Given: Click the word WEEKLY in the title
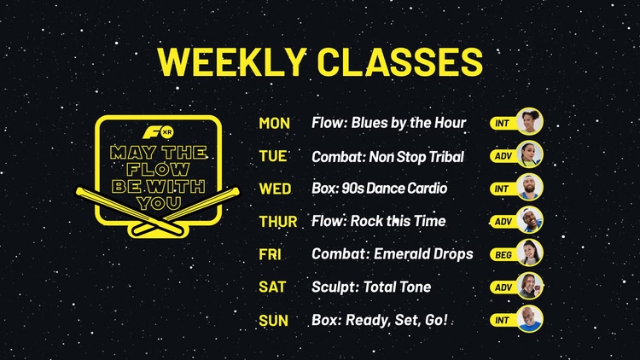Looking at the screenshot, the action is point(232,61).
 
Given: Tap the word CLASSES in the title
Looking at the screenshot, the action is point(400,61).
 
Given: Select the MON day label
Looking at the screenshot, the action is point(274,123).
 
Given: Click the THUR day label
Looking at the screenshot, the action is point(278,222).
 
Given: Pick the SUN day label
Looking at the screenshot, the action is point(273,321).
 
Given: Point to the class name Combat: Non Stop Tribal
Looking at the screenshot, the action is point(387,157).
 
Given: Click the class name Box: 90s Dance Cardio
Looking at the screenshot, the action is point(379,189).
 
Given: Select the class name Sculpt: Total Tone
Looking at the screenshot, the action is point(371,287).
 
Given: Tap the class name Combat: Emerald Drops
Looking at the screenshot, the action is point(393,254).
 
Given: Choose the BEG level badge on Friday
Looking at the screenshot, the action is point(503,255).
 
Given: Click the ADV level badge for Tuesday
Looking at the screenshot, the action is point(503,156).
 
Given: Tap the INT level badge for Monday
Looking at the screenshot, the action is point(503,123).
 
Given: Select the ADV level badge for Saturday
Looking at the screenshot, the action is point(503,287).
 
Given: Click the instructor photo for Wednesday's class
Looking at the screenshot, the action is point(530,188).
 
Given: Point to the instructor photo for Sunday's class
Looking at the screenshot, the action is point(530,319).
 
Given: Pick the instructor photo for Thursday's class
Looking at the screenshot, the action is point(530,220).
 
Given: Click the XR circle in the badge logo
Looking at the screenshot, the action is point(167,132).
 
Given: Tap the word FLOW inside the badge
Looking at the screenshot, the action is point(158,170).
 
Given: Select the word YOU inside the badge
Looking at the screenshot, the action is point(159,203).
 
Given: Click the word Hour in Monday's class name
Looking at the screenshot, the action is point(450,123).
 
